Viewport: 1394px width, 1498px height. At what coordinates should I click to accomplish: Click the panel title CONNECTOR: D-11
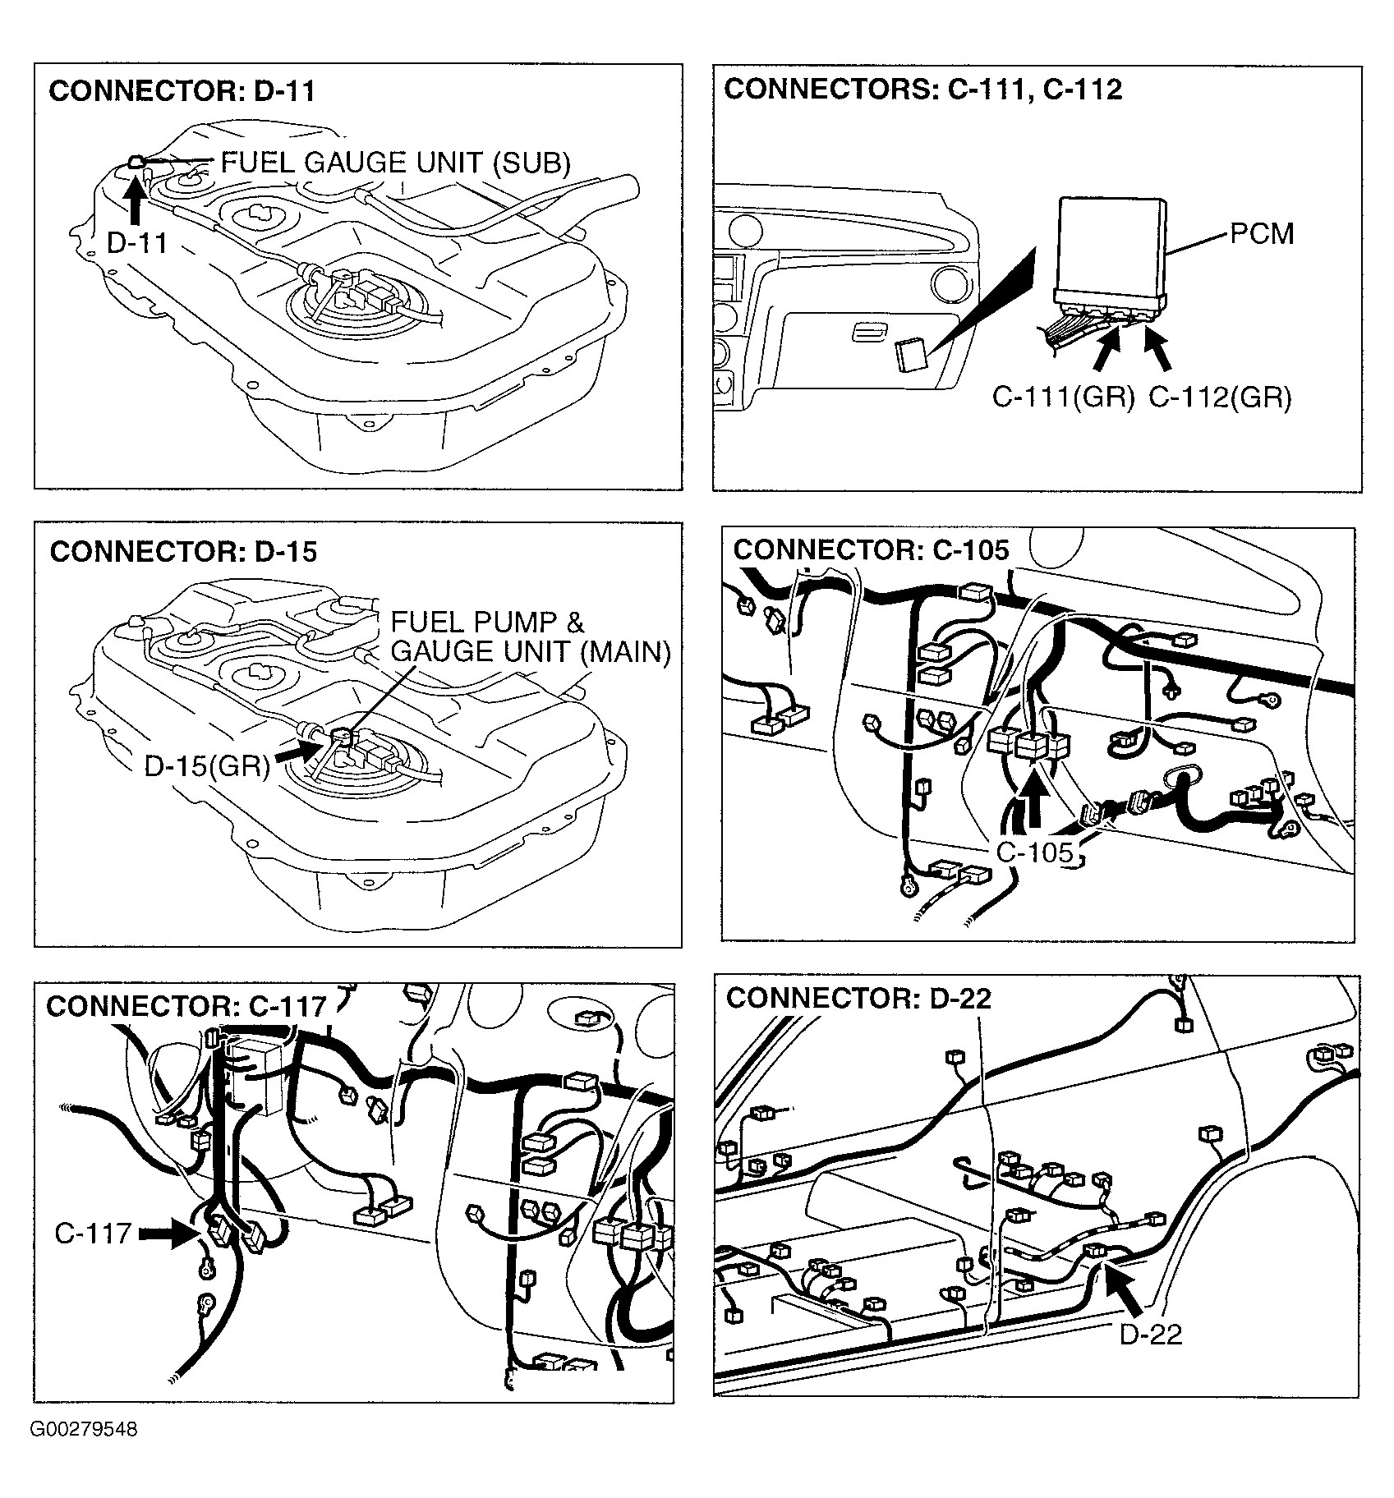182,91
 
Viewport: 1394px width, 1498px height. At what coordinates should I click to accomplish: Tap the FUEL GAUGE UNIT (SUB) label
396,163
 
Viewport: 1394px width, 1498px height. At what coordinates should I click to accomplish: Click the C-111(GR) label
1064,397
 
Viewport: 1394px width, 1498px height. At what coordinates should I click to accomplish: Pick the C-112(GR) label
1220,397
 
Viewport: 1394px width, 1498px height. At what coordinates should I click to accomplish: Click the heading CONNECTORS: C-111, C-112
922,90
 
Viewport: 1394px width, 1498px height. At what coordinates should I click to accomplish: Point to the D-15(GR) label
207,766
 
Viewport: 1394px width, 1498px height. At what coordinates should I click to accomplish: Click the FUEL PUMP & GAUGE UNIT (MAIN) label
531,636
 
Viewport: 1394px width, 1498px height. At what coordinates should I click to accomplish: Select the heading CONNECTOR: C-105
871,549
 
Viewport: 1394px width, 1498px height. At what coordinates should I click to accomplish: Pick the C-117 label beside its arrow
93,1233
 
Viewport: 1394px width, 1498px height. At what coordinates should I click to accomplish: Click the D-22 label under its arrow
1151,1334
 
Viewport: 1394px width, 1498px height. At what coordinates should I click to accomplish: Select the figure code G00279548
84,1429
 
